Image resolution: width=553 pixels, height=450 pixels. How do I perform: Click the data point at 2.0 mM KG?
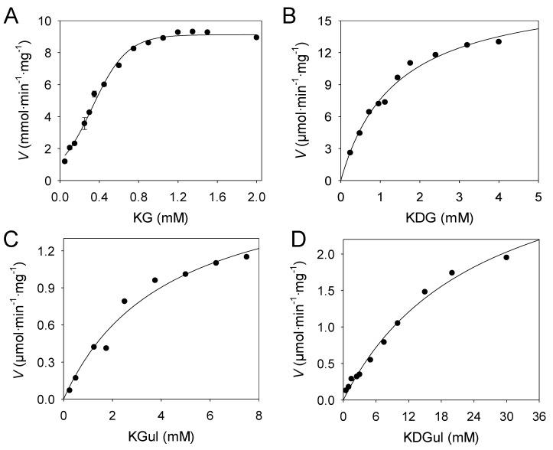[x=256, y=37]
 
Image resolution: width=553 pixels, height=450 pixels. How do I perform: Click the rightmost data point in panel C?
[x=246, y=256]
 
